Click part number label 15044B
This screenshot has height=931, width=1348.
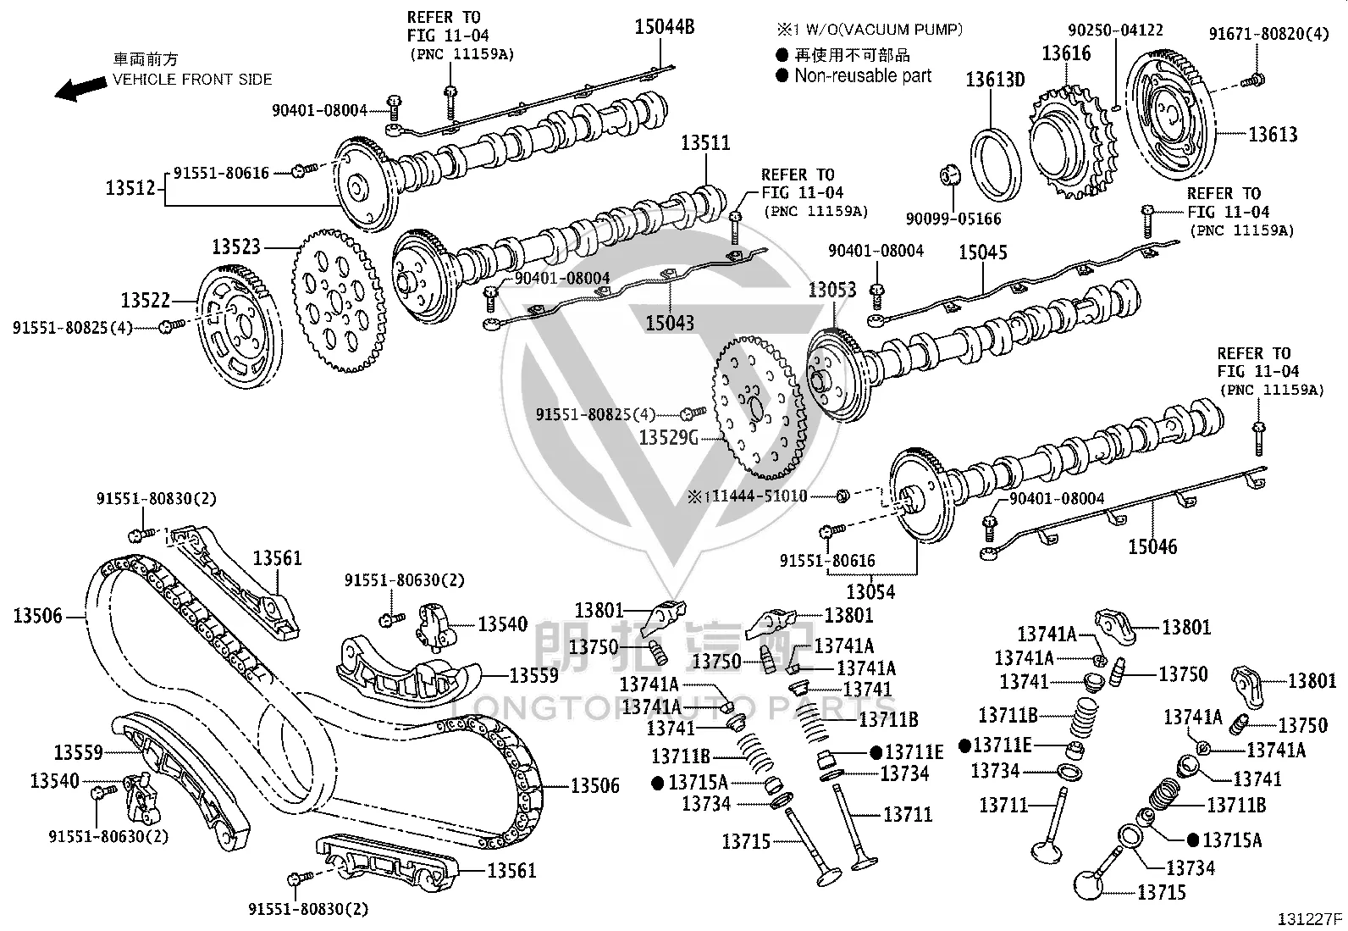665,27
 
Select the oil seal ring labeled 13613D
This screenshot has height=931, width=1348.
996,164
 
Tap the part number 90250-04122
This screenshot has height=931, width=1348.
1116,30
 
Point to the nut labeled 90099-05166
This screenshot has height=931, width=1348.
950,175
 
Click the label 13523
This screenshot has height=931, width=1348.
236,247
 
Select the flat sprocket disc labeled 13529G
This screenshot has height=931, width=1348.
759,407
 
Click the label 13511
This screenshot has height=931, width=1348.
705,143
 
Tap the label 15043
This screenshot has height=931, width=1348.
670,324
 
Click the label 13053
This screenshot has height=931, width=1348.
832,291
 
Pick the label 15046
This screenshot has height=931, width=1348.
1152,546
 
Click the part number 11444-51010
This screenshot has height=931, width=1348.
760,496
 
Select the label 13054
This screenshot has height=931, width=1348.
870,592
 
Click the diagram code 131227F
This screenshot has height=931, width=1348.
1310,919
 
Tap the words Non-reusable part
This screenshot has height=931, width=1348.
863,76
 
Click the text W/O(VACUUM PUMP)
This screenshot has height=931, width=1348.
884,29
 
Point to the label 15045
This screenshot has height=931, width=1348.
983,252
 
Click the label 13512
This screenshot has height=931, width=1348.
130,188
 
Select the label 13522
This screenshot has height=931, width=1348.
146,300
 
